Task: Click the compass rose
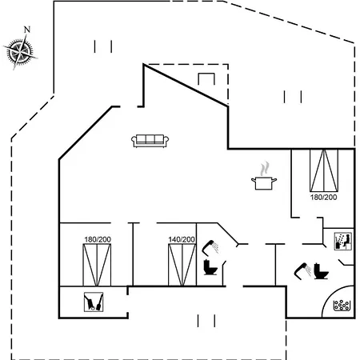[20, 52]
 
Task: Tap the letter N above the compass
[27, 30]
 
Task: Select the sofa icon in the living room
[150, 141]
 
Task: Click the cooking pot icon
[264, 183]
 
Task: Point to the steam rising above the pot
[265, 168]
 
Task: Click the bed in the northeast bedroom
[324, 170]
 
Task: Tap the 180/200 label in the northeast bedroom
[323, 198]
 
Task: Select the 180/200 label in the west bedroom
[98, 239]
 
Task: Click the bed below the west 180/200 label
[97, 265]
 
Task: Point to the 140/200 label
[182, 239]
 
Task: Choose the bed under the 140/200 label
[182, 265]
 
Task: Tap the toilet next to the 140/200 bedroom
[210, 267]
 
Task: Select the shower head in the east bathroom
[302, 271]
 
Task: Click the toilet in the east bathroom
[321, 271]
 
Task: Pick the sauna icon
[343, 242]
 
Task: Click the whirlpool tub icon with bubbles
[342, 306]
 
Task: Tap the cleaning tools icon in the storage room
[94, 302]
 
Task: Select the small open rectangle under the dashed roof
[206, 79]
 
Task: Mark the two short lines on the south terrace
[206, 321]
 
